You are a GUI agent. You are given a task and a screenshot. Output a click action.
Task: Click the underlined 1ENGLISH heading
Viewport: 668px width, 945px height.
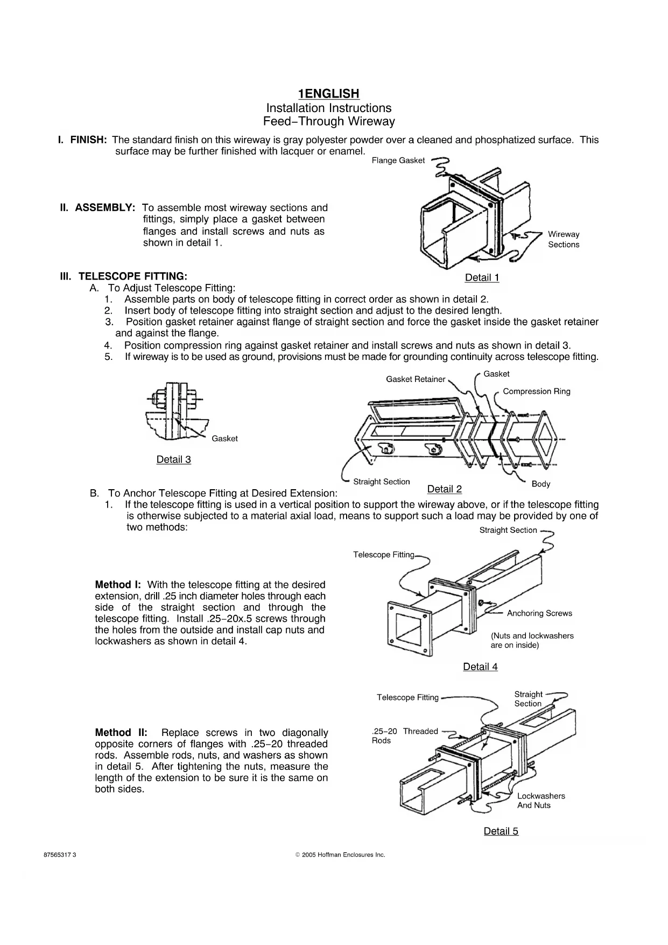tap(329, 94)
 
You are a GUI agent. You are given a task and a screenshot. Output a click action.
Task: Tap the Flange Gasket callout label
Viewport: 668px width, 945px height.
tap(398, 161)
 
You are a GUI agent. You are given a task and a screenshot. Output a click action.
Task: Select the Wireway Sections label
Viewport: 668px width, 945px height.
tap(564, 239)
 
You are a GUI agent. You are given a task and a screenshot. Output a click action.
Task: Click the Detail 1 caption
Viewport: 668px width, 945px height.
tap(482, 277)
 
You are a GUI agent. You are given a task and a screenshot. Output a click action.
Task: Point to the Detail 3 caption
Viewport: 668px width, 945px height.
tap(173, 460)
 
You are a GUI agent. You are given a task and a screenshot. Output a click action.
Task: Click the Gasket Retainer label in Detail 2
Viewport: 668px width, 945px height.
tap(416, 379)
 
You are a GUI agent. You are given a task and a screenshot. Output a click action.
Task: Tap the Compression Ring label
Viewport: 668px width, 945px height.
tap(536, 392)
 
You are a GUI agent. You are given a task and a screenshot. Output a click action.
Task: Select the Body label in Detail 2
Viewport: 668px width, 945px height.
tap(540, 484)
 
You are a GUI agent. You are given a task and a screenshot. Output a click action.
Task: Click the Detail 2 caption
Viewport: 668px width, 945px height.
tap(444, 489)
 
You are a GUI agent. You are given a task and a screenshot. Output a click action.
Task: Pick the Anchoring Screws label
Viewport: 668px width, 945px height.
tap(539, 613)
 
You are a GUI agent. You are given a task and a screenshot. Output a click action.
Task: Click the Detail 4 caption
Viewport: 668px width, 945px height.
tap(480, 666)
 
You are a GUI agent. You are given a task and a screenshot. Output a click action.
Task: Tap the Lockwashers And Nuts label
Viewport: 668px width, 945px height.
tap(541, 801)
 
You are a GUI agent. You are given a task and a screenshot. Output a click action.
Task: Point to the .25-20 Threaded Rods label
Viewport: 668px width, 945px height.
tap(404, 735)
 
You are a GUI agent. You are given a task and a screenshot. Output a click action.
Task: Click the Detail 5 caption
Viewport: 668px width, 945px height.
tap(501, 831)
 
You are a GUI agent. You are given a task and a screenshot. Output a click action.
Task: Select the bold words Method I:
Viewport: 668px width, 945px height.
tap(117, 585)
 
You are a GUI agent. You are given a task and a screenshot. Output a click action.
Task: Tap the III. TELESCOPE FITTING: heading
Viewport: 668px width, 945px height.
tap(124, 276)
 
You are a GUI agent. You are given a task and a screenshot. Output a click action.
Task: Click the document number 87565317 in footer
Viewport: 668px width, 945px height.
tap(60, 855)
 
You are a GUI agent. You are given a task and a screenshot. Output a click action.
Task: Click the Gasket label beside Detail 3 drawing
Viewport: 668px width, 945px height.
tap(224, 439)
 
